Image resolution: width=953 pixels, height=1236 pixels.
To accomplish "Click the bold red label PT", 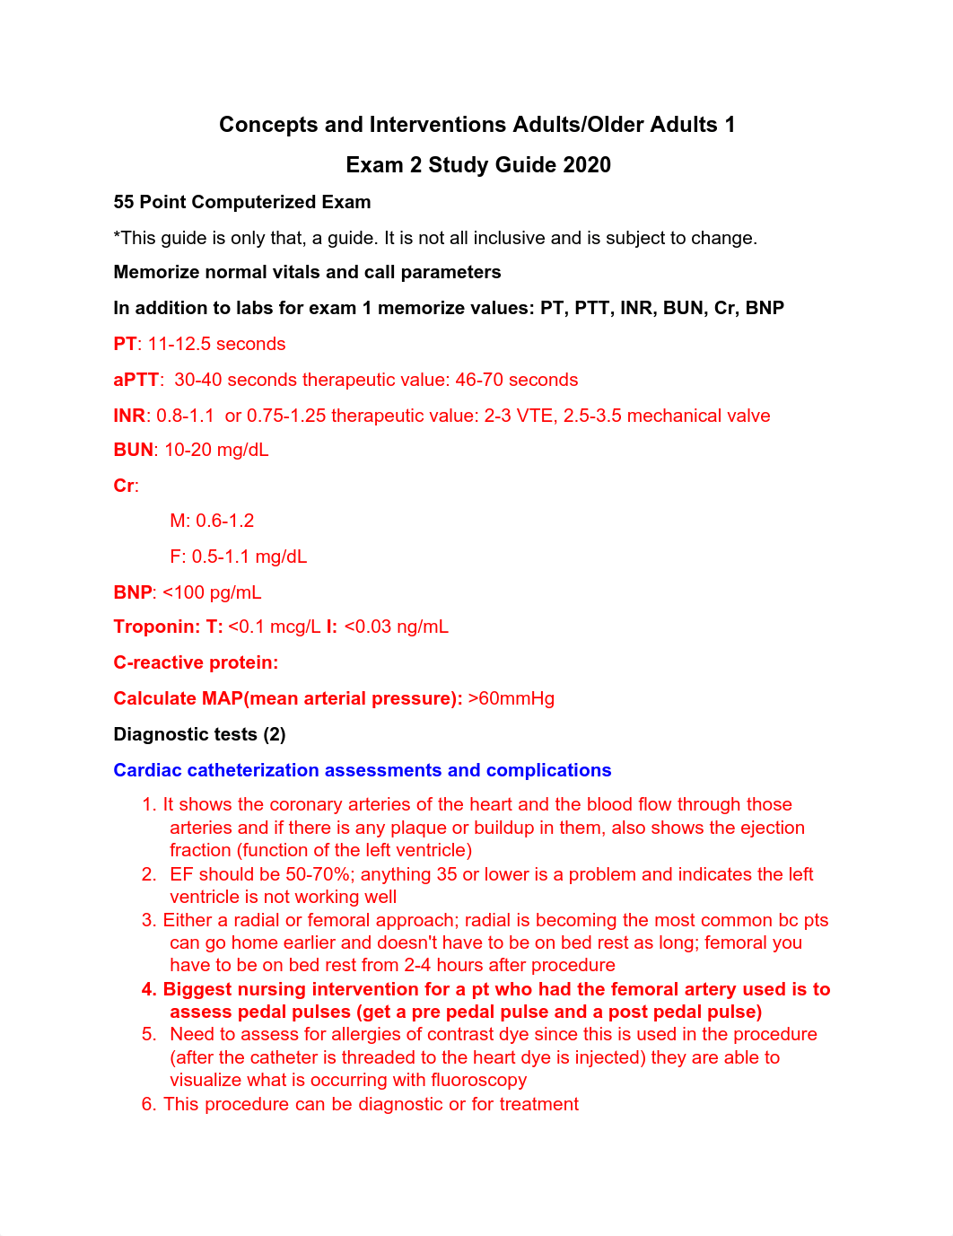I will [x=125, y=344].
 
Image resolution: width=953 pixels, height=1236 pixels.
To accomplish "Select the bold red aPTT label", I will [x=136, y=380].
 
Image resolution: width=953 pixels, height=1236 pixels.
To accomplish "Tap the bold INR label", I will [x=129, y=416].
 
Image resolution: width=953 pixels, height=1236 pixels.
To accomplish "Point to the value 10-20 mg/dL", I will [x=216, y=450].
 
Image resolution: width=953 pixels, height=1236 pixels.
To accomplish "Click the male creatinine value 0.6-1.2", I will [x=224, y=521].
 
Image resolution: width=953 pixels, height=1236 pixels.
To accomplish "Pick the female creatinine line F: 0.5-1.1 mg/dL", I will [x=238, y=557].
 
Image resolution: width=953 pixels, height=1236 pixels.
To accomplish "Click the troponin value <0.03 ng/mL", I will [x=396, y=627].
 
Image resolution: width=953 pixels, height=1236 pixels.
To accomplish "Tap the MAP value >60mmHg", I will [x=511, y=698].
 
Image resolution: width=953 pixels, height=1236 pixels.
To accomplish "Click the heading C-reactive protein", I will [x=196, y=662].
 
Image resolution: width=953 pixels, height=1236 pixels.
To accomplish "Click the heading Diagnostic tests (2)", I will [x=199, y=734].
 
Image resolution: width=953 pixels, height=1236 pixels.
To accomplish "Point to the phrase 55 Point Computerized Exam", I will [x=241, y=202].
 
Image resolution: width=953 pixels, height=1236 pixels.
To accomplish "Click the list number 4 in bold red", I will [x=148, y=989].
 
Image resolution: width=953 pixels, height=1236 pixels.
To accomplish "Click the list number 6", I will [x=148, y=1104].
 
